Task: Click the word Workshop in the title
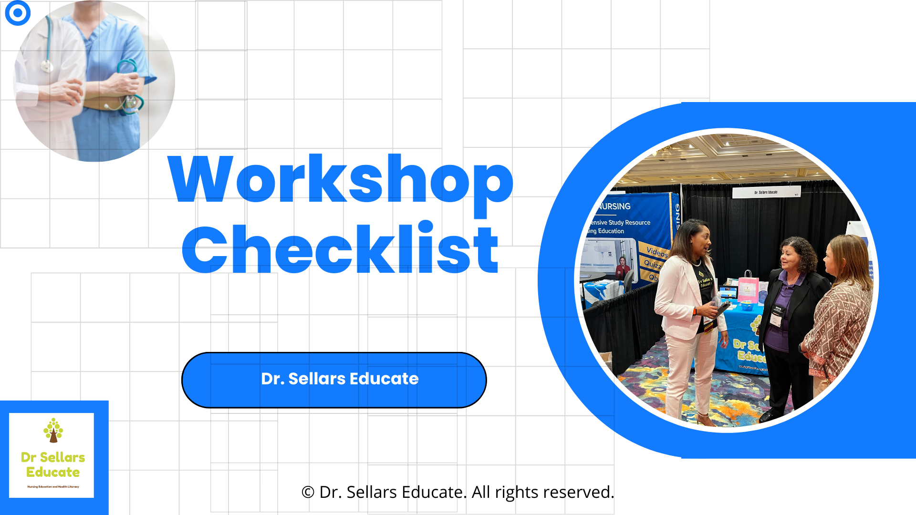[340, 180]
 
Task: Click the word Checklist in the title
[340, 249]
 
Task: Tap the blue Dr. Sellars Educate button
[334, 380]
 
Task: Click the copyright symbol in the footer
[308, 492]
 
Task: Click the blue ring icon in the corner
[18, 13]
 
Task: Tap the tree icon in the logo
[53, 430]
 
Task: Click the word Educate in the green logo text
[53, 472]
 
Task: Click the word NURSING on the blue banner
[615, 206]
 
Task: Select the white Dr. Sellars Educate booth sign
[766, 192]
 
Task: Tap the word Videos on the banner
[657, 251]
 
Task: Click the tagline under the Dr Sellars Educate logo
[53, 487]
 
